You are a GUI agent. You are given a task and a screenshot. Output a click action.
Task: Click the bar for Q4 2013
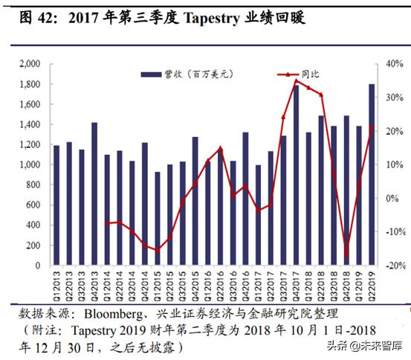pos(94,193)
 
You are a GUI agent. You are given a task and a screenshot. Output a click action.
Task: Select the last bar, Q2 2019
pos(372,174)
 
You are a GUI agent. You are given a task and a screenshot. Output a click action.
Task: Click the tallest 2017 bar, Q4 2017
pos(296,176)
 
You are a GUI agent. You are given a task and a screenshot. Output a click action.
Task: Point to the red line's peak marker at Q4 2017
pos(296,80)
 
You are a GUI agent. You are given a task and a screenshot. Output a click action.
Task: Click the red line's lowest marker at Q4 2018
pos(346,255)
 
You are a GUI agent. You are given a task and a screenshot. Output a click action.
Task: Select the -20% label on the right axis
pos(393,266)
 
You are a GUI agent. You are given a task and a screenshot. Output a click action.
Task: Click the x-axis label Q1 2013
pos(56,285)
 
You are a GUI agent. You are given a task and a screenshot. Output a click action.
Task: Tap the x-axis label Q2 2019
pos(372,285)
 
